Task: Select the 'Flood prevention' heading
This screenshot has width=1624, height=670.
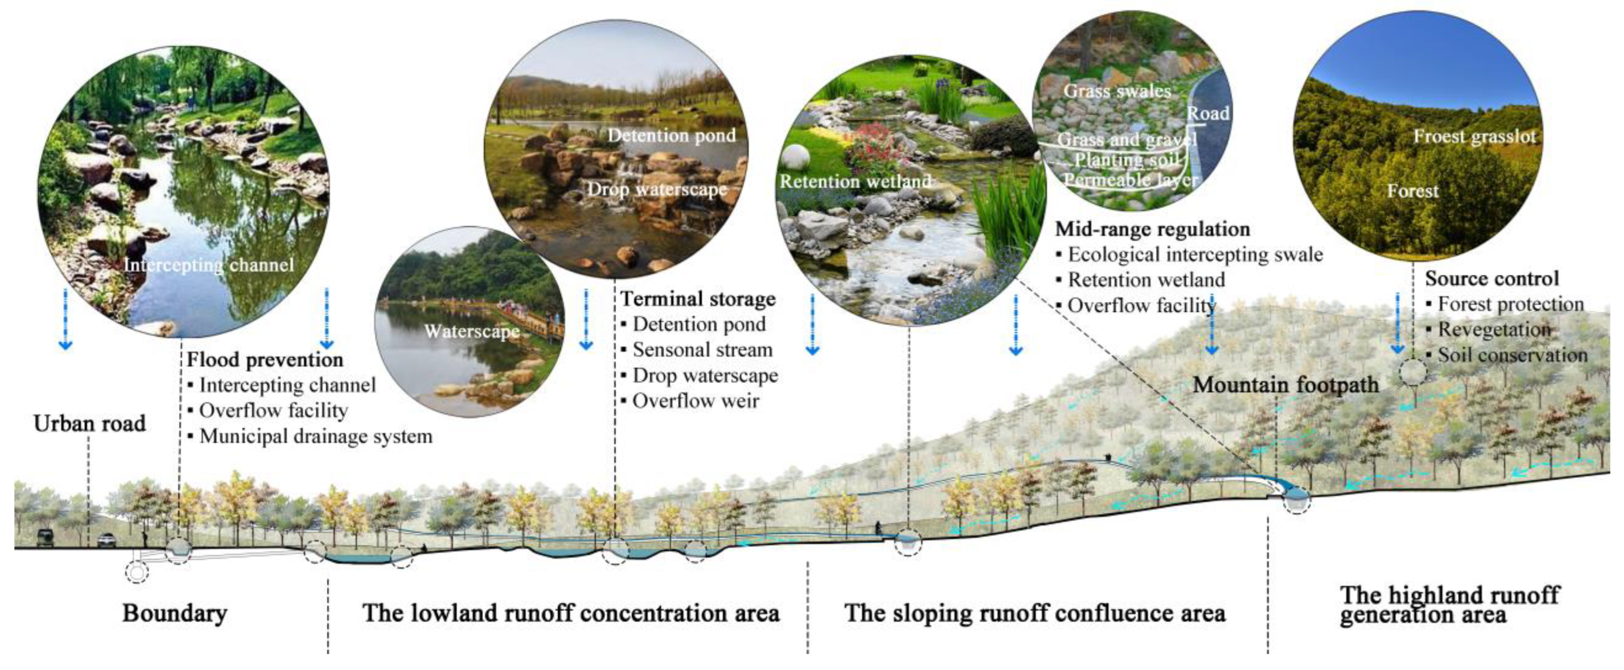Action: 265,360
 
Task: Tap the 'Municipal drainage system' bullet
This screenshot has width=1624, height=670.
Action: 315,436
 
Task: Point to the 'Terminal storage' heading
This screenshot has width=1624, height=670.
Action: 698,299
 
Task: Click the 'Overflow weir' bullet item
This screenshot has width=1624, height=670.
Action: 695,401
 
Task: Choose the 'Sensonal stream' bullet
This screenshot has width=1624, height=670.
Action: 702,350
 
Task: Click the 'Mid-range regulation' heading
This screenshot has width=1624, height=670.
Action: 1153,229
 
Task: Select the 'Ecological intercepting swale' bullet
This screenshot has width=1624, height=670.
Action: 1195,254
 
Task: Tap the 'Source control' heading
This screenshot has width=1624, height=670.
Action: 1492,278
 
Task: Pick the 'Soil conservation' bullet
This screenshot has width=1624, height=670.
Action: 1512,355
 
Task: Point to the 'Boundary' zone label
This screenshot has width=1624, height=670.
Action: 175,613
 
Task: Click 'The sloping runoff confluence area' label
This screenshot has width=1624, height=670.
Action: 1035,613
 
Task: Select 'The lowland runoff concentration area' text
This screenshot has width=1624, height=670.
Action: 570,613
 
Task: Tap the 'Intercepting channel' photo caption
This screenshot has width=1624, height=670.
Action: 209,265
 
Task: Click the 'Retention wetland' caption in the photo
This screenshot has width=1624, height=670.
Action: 855,182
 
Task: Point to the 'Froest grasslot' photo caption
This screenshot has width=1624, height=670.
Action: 1474,136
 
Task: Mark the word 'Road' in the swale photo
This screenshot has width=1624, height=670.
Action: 1208,114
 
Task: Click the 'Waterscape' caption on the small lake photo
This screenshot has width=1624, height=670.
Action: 471,332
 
